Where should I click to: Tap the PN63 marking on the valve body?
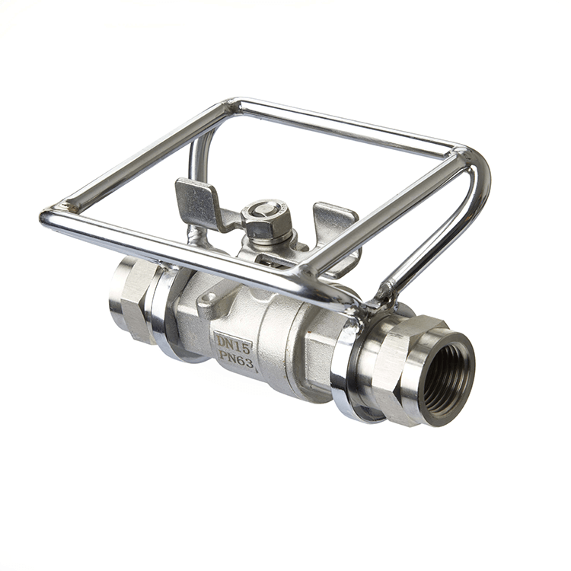237,359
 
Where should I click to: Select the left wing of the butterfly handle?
199,203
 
